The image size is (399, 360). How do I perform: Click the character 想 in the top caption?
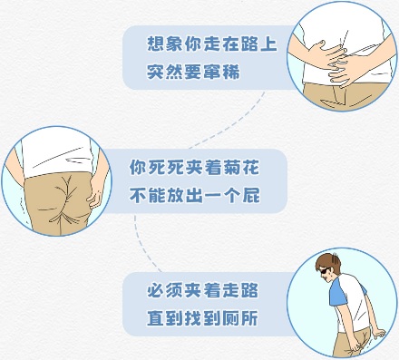[x=156, y=44]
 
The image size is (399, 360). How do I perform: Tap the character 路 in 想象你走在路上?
[x=249, y=44]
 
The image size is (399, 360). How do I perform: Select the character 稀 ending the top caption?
[x=231, y=72]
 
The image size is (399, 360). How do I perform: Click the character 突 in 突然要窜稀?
[x=156, y=72]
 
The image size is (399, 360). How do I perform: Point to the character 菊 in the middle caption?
[x=232, y=167]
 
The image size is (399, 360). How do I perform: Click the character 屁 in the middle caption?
[x=250, y=195]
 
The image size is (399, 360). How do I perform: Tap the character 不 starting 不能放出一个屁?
[x=138, y=195]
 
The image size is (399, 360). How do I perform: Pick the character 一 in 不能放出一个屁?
[x=213, y=196]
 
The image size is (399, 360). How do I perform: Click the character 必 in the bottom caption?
[x=156, y=290]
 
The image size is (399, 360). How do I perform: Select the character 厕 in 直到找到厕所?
[x=231, y=318]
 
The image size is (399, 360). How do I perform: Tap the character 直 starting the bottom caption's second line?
[x=156, y=318]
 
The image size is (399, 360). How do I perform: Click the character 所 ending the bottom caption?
[x=249, y=318]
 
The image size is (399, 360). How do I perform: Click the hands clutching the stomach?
[x=334, y=62]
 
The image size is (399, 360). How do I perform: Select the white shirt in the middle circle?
[x=56, y=156]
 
